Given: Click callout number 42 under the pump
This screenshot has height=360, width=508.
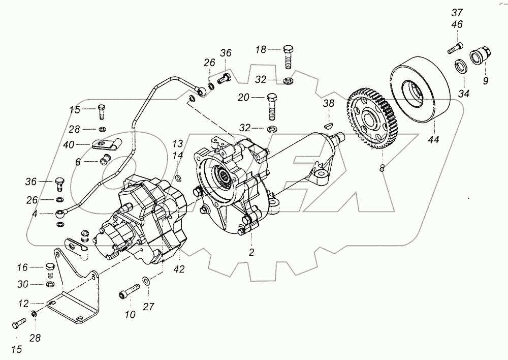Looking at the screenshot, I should (x=179, y=269).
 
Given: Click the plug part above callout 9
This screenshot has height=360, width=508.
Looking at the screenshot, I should (x=480, y=54).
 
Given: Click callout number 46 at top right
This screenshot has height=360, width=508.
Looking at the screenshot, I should (x=457, y=24).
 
